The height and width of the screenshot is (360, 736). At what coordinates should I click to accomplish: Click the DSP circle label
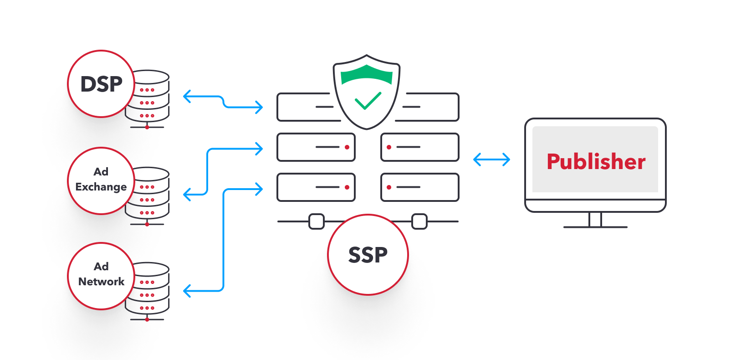coord(101,84)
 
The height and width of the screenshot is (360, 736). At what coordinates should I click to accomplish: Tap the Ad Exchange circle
coord(101,180)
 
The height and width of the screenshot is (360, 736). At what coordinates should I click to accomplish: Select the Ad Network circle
coord(101,276)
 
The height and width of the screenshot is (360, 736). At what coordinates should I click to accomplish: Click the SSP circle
coord(368,255)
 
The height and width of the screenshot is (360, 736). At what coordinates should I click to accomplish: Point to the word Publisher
coord(596,162)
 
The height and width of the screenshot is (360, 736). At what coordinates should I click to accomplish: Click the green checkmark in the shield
coord(368,101)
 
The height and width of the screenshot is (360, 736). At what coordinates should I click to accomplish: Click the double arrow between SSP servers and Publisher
coord(491,159)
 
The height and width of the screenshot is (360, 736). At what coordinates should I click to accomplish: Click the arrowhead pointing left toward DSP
coord(186,96)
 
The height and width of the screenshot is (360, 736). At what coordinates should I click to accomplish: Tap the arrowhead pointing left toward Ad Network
coord(186,290)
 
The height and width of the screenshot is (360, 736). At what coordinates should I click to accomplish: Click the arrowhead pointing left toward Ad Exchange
coord(186,195)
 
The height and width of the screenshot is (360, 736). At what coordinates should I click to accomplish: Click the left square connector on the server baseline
coord(317,221)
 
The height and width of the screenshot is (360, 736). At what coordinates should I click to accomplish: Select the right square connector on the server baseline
coord(419,221)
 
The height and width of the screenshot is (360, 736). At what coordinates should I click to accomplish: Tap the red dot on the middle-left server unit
coord(347,147)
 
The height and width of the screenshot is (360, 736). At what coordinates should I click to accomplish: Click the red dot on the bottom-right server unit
coord(389,187)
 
